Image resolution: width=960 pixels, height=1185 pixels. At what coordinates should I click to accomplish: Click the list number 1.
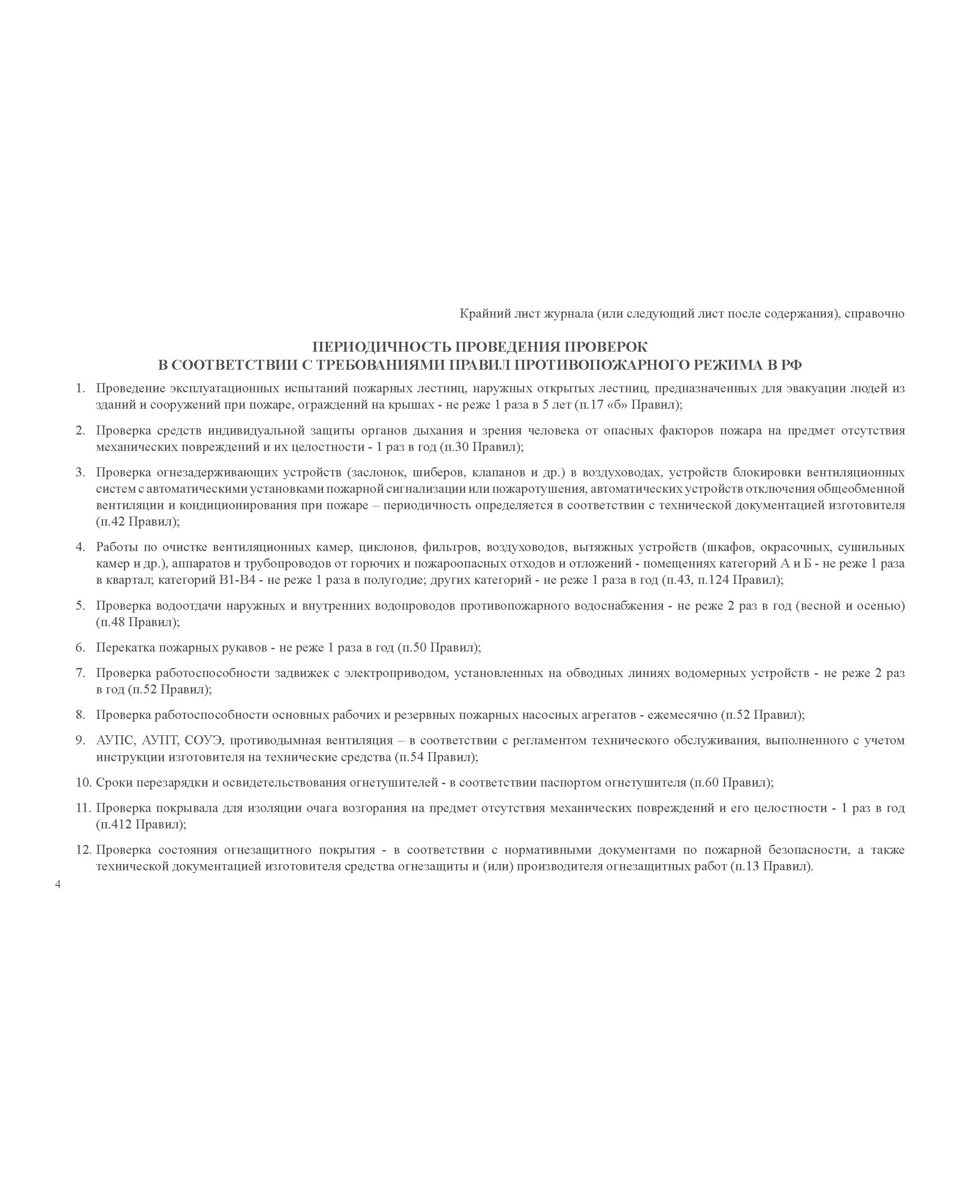pos(81,389)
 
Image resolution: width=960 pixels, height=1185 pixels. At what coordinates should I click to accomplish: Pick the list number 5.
pos(81,606)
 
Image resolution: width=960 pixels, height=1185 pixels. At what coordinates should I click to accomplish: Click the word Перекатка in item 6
pos(124,647)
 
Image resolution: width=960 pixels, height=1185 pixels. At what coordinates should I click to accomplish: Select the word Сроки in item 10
pos(113,782)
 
